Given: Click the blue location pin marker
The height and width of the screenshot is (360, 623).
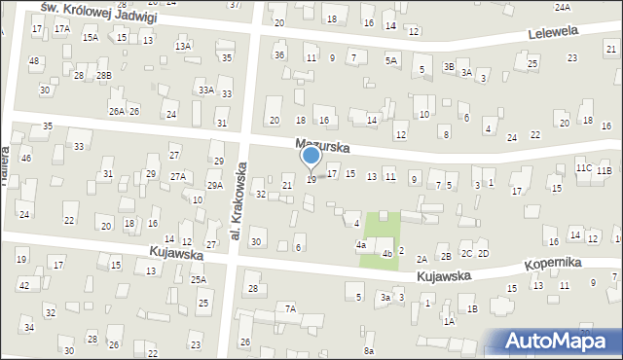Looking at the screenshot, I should point(311,158).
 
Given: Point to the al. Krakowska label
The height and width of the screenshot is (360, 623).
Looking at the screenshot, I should point(236,199).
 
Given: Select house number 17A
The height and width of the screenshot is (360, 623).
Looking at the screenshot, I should point(62,29).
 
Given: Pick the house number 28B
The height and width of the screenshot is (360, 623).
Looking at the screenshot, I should point(103,76).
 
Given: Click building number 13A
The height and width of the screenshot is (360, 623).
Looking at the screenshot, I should point(182,46).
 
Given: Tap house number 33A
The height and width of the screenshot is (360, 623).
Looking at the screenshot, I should point(206,90).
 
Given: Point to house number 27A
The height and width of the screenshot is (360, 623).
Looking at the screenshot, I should point(178,176).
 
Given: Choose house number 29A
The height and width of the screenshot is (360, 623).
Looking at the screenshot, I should point(214,185).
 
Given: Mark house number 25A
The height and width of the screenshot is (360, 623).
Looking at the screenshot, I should point(198,279).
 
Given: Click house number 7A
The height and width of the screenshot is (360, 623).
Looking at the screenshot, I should point(290,308).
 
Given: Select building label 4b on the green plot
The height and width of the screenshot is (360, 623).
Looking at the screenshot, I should point(386,254).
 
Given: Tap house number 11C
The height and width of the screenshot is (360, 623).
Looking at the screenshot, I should point(583,168).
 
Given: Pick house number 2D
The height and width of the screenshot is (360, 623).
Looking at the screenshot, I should point(484,254).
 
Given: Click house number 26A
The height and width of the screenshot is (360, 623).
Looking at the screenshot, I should point(116,112).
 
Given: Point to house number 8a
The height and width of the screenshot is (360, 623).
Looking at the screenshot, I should point(369,350).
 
